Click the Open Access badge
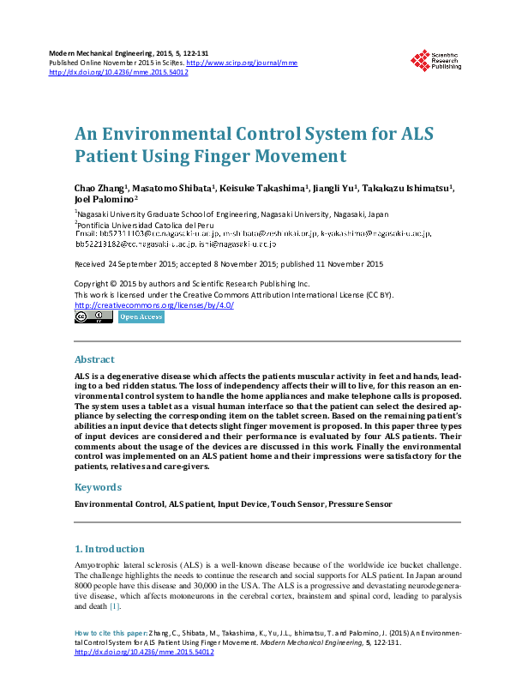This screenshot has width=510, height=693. pyautogui.click(x=141, y=317)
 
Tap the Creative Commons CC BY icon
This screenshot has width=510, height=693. pyautogui.click(x=93, y=317)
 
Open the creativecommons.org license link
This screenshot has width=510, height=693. pyautogui.click(x=154, y=305)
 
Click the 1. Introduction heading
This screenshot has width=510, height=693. pyautogui.click(x=109, y=549)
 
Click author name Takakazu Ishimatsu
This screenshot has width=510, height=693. pyautogui.click(x=406, y=187)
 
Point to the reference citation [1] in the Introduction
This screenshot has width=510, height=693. pyautogui.click(x=115, y=606)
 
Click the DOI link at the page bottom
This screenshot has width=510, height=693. pyautogui.click(x=144, y=652)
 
